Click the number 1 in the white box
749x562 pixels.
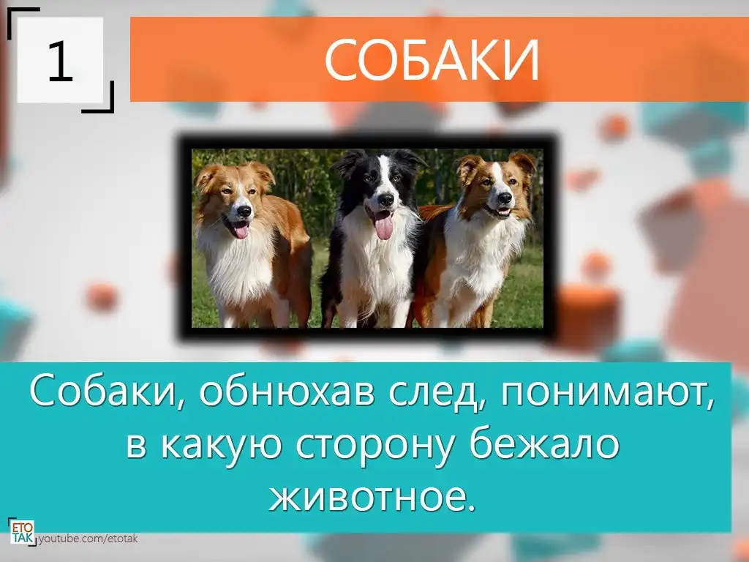60,61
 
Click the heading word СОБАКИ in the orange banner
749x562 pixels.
432,60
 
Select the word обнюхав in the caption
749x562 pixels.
287,390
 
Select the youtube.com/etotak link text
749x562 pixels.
88,539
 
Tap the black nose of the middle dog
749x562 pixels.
385,199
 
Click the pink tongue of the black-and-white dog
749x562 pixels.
383,225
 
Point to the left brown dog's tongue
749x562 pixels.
241,231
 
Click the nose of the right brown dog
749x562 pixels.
505,198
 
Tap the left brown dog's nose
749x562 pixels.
244,211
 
